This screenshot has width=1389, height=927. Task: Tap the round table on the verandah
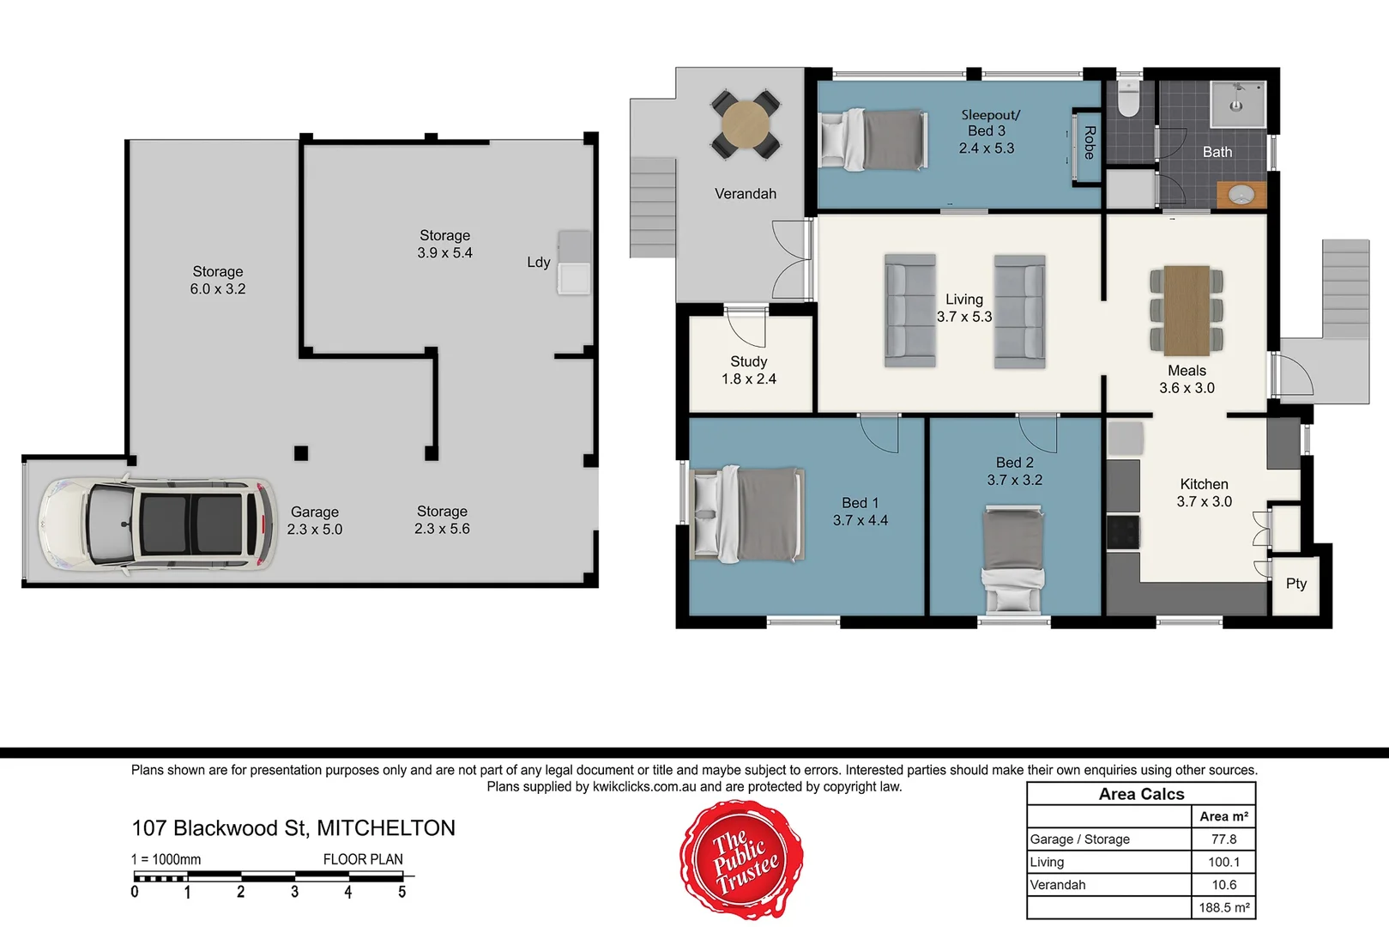(x=745, y=124)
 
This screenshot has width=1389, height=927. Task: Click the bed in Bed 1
(x=748, y=514)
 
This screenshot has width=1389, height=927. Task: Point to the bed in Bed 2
(x=1013, y=557)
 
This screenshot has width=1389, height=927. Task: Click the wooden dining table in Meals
(x=1187, y=310)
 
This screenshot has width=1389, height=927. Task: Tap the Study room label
(x=749, y=361)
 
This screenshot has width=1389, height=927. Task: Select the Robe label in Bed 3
(x=1089, y=142)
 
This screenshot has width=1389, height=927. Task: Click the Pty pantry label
(x=1295, y=584)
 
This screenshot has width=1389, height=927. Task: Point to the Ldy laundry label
(x=538, y=262)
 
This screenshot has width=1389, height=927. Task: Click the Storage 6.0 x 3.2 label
(x=217, y=280)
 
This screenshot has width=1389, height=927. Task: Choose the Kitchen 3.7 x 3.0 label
(x=1204, y=493)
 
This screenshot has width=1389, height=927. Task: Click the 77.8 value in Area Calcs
(x=1223, y=839)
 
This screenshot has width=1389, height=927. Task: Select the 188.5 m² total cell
(x=1223, y=907)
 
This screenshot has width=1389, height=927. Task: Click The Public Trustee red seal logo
(x=742, y=858)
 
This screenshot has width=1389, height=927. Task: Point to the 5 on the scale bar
(x=402, y=893)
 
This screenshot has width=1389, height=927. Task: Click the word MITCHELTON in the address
(x=386, y=828)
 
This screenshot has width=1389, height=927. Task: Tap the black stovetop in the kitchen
(x=1122, y=532)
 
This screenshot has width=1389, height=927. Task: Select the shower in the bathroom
(x=1237, y=104)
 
